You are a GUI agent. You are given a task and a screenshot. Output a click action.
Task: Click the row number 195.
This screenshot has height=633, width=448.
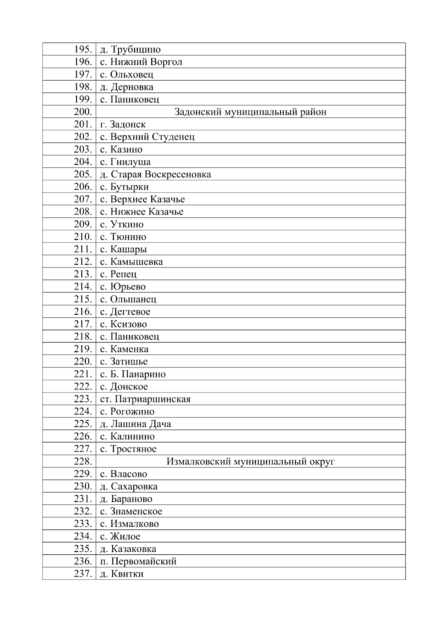click(83, 49)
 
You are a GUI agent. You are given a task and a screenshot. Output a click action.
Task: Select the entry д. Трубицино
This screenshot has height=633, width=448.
click(130, 50)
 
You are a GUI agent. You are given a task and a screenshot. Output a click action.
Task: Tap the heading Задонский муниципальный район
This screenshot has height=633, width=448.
click(251, 112)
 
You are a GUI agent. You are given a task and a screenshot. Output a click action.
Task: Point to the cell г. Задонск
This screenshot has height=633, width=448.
click(123, 124)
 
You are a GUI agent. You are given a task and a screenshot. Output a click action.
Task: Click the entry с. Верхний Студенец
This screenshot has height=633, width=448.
click(147, 137)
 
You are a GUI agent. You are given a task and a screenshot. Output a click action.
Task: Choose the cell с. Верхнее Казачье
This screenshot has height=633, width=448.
click(143, 199)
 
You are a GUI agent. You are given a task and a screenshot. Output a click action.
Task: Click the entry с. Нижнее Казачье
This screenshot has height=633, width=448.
click(142, 212)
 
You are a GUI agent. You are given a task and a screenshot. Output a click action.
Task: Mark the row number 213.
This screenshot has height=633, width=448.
click(83, 274)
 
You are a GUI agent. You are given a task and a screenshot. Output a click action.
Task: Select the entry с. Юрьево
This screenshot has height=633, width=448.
click(123, 287)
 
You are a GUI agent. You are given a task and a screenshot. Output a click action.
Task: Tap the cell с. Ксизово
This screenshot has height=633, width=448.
click(124, 324)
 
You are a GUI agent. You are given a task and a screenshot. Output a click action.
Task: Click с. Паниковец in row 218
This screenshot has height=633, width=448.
click(130, 336)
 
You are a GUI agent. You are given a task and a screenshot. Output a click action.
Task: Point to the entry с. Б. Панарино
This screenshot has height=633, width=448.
click(133, 374)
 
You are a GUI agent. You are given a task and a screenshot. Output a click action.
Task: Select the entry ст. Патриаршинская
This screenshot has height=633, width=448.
click(145, 399)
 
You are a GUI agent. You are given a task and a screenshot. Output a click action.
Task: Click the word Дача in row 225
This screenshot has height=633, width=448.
click(160, 424)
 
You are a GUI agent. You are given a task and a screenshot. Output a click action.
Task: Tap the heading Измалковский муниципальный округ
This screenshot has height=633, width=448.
click(251, 461)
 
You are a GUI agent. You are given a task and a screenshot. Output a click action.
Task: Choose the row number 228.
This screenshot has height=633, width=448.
click(83, 461)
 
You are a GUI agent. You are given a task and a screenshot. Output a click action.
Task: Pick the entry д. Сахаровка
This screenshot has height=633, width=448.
click(129, 486)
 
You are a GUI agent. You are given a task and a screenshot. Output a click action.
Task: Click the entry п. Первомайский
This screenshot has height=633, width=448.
click(138, 561)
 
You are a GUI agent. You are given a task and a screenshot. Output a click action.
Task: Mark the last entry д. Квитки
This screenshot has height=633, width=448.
click(122, 574)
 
